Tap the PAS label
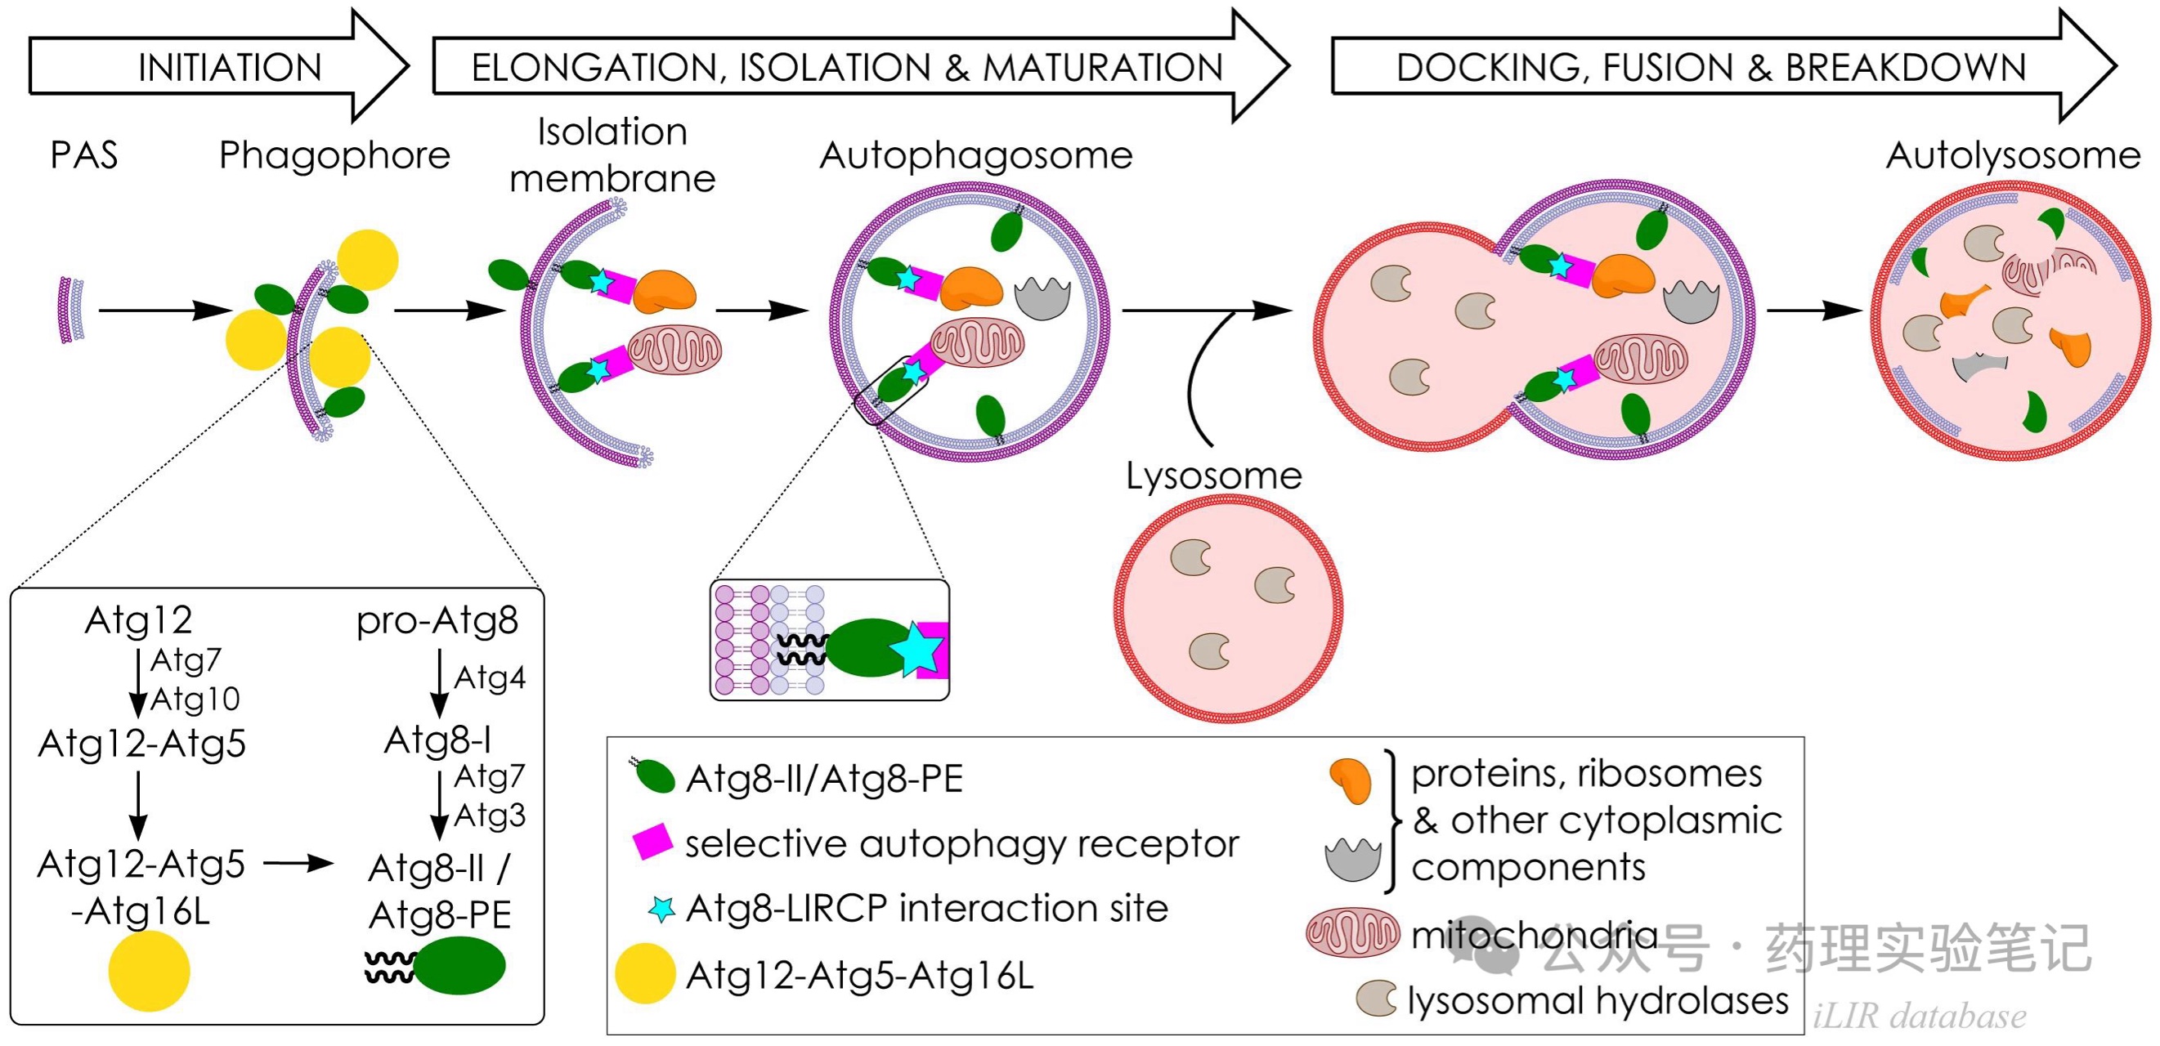click(x=84, y=155)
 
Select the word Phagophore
click(x=334, y=155)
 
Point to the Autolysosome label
click(x=2012, y=155)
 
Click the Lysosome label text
click(x=1213, y=476)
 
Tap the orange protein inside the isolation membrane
click(x=664, y=291)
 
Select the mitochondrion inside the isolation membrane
click(x=675, y=349)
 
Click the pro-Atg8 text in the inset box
click(x=437, y=620)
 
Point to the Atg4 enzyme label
click(x=490, y=677)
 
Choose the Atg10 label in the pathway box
click(x=195, y=699)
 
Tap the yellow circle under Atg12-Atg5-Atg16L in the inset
click(x=150, y=971)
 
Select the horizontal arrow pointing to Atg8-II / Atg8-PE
click(x=298, y=863)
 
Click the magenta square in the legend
click(x=652, y=842)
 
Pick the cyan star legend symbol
click(x=662, y=909)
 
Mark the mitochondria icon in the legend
click(x=1352, y=933)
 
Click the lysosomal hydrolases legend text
click(x=1598, y=1001)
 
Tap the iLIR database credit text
click(x=1920, y=1016)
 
